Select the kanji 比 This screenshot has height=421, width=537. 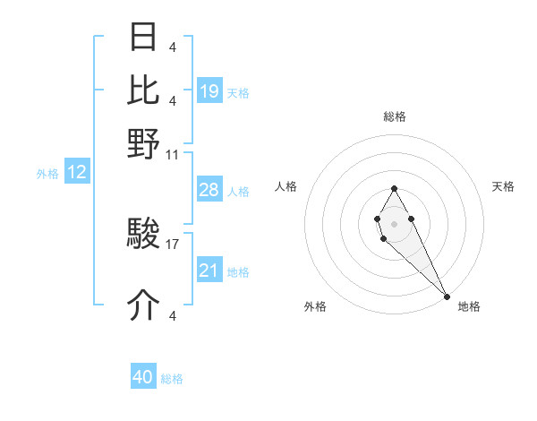tap(144, 90)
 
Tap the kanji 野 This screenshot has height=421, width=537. tap(144, 143)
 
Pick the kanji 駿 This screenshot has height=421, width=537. tap(144, 236)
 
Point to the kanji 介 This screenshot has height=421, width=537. tap(144, 305)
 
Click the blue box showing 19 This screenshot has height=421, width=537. tap(209, 91)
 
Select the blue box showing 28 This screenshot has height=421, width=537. tap(209, 190)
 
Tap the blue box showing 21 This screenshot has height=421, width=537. tap(209, 271)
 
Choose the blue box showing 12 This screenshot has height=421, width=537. tap(77, 173)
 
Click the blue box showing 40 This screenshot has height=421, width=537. tap(143, 377)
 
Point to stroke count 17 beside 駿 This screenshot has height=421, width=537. tap(173, 243)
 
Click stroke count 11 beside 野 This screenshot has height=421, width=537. tap(173, 154)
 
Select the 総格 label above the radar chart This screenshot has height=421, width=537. tap(395, 116)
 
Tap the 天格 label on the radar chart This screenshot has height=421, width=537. tap(503, 186)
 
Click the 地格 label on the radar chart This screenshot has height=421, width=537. tap(469, 306)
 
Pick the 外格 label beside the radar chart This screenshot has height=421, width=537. tap(315, 306)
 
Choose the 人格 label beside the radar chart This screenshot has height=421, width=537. tap(286, 186)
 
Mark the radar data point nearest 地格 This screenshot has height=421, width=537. tap(447, 296)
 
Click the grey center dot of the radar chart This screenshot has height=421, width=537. tap(394, 223)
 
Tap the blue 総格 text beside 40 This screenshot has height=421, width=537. tap(172, 379)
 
